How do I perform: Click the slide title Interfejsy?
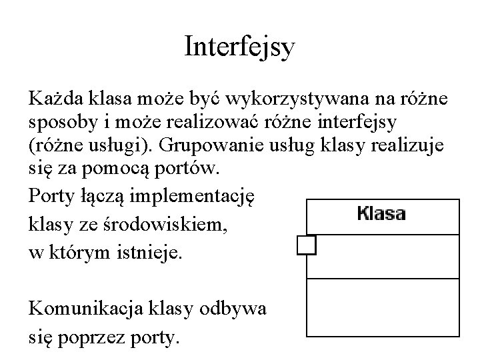[239, 47]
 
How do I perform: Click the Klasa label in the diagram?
[381, 215]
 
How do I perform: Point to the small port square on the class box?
[306, 245]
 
